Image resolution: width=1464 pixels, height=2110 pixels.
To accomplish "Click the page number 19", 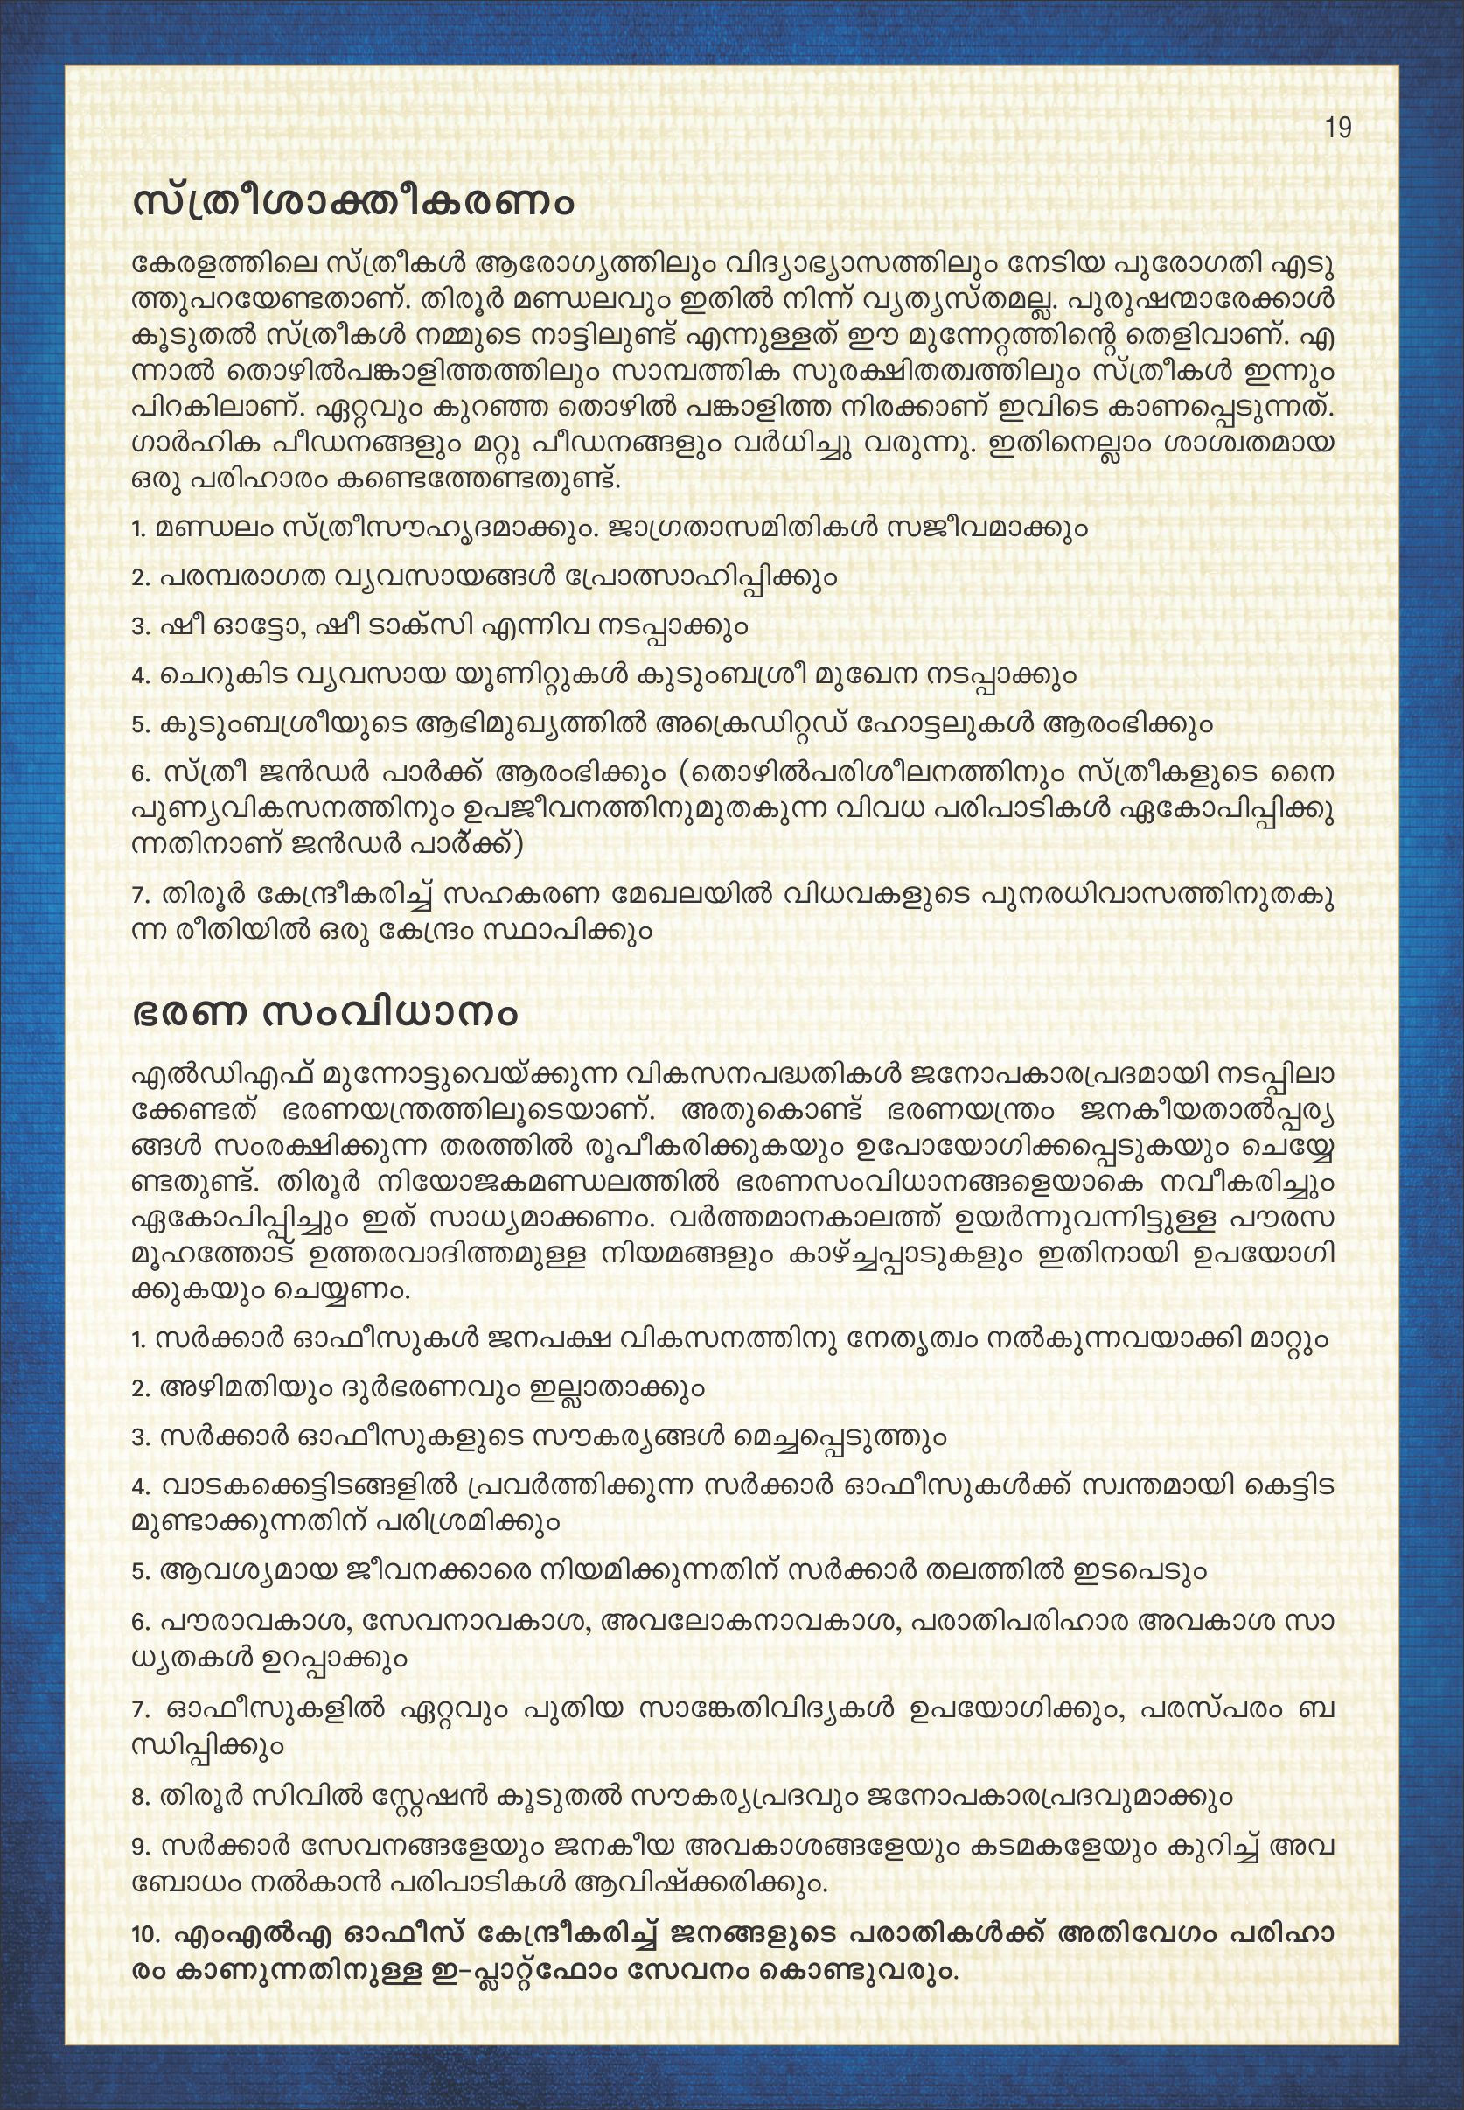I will (1338, 128).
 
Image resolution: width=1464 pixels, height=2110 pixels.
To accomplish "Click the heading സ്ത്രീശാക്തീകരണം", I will (354, 201).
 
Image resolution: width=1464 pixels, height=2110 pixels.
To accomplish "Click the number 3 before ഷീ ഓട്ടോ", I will (140, 626).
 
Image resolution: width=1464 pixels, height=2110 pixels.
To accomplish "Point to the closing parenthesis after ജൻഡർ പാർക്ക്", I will (519, 844).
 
